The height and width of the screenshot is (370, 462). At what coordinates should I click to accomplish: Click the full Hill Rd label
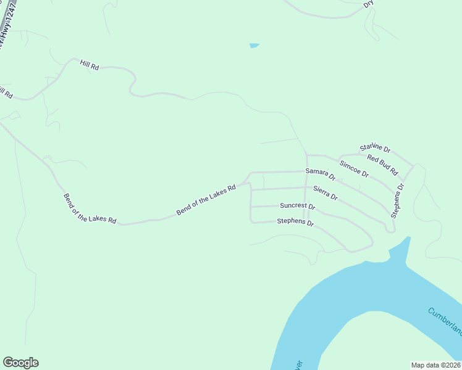click(90, 65)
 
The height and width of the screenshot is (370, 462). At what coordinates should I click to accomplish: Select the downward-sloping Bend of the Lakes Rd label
click(90, 210)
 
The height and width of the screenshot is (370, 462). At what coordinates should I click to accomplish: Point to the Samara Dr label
click(320, 174)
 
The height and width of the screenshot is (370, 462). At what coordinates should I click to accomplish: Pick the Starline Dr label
click(376, 149)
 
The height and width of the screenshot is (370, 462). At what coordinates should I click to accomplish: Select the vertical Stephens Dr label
click(397, 200)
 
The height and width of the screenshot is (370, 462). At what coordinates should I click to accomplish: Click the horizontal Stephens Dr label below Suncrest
click(296, 222)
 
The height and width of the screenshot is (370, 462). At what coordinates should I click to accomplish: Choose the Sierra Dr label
click(325, 193)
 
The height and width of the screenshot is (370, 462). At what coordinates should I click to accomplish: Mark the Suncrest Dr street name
click(297, 207)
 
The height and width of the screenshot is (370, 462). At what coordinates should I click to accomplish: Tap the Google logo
click(20, 363)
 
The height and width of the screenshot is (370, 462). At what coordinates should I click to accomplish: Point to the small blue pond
click(254, 46)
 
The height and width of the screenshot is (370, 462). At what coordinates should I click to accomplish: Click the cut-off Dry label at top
click(369, 4)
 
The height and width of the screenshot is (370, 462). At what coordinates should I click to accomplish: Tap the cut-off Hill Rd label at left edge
click(5, 92)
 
